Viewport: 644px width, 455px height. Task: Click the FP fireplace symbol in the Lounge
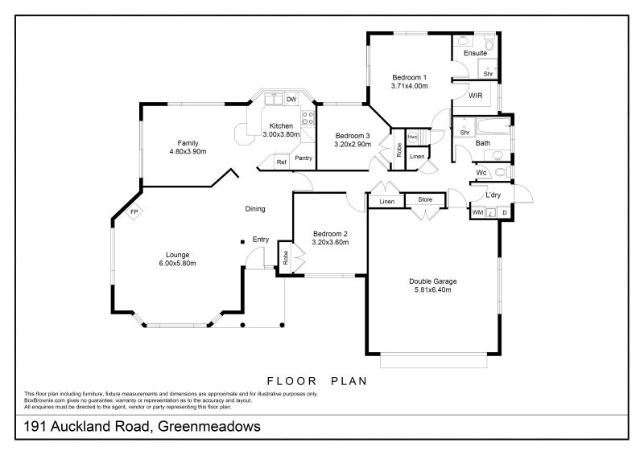click(x=134, y=213)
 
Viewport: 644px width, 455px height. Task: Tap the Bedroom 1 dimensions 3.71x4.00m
click(x=409, y=85)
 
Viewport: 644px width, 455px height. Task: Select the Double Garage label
click(x=433, y=281)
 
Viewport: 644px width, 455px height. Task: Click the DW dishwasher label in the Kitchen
click(x=291, y=99)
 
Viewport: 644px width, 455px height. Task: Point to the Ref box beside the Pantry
click(x=281, y=162)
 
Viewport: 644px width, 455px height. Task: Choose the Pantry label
click(x=303, y=158)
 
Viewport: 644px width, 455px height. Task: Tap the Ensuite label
click(x=474, y=53)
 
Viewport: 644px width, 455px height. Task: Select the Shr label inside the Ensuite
click(x=488, y=73)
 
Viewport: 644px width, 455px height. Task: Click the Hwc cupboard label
click(x=413, y=137)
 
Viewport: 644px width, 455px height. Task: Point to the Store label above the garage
click(x=424, y=200)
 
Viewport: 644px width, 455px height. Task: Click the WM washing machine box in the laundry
click(x=477, y=213)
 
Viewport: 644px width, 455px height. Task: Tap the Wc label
click(x=481, y=173)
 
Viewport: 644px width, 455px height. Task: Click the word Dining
click(x=255, y=209)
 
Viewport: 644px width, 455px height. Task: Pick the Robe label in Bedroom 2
click(x=285, y=257)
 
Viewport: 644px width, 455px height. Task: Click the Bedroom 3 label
click(x=353, y=135)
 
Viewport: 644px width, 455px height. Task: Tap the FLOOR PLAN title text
click(x=316, y=380)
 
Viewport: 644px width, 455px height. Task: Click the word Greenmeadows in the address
click(x=208, y=427)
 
